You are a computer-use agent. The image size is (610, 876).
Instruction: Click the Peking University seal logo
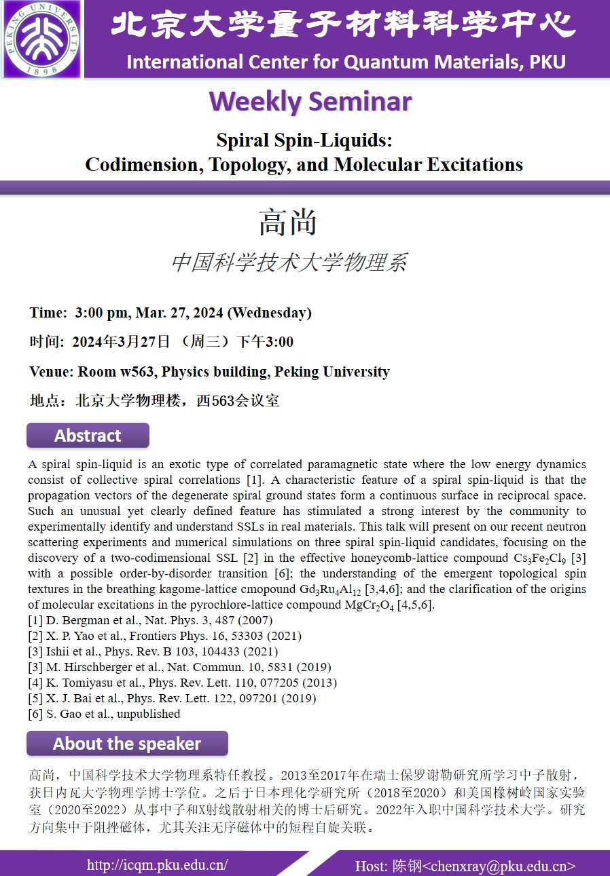click(x=42, y=39)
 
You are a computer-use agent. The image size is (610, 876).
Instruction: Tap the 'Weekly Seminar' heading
click(x=310, y=102)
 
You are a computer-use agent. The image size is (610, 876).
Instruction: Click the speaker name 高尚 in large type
click(x=289, y=223)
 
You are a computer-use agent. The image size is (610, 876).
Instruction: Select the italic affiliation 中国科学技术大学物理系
click(x=289, y=262)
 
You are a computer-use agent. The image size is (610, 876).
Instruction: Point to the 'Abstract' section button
click(x=88, y=436)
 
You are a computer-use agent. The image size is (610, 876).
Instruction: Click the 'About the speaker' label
click(x=127, y=744)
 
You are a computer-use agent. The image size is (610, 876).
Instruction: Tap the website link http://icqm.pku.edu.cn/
click(x=157, y=864)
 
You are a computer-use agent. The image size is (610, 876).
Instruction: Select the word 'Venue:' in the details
click(x=52, y=372)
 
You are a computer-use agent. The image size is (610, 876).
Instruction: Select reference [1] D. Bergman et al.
click(x=150, y=620)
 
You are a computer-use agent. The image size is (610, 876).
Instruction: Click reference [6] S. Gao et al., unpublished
click(x=104, y=714)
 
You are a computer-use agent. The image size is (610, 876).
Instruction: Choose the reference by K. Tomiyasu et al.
click(x=182, y=683)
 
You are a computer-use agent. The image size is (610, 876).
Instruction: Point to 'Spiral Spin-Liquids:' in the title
click(x=305, y=140)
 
